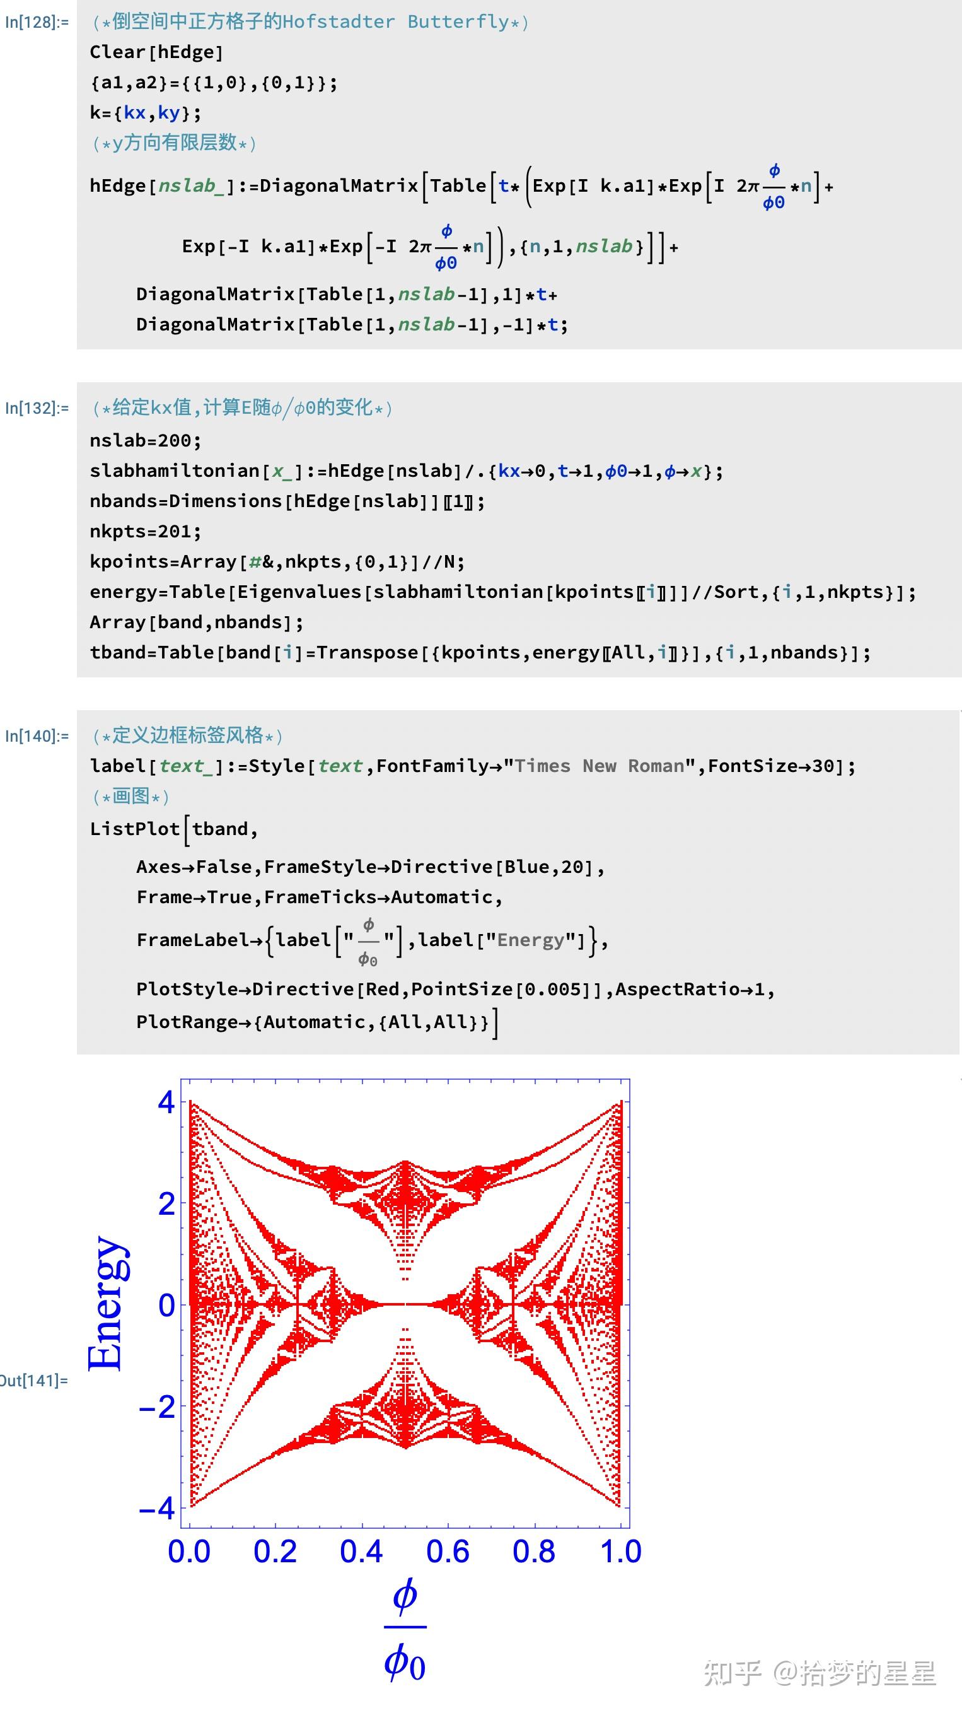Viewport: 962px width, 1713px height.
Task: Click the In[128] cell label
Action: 37,22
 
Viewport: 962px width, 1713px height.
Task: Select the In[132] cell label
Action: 37,407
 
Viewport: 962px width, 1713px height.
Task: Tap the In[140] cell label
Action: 37,735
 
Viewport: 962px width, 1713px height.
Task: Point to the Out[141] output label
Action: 33,1381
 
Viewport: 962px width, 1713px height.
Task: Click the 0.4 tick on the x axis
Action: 361,1552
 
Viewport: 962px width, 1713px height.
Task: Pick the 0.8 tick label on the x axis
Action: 534,1552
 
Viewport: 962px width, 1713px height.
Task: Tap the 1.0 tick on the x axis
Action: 620,1552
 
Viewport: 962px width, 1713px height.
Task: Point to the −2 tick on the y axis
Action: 157,1408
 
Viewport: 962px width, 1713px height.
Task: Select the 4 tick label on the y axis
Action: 166,1102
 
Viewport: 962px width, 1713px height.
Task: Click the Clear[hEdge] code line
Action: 157,52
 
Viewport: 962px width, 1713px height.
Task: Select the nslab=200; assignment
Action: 145,440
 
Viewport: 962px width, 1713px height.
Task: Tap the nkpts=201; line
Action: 145,531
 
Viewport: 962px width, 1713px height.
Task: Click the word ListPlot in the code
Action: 135,829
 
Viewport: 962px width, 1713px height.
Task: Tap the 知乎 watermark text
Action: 732,1673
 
